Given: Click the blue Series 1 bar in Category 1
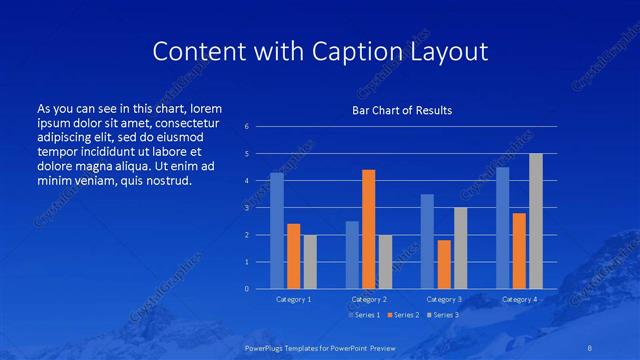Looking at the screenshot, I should point(277,231).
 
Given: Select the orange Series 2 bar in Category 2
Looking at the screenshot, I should point(368,229).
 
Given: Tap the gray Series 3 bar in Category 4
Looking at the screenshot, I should point(536,221).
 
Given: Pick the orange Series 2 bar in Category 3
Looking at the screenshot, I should point(444,264).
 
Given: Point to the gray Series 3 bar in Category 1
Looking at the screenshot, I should point(310,262).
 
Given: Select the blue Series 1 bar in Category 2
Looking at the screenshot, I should point(352,255).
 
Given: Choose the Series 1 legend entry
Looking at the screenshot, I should point(364,315).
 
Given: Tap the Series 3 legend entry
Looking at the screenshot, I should point(446,315).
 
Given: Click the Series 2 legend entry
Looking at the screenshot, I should point(405,315).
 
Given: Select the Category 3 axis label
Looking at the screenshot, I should point(444,299).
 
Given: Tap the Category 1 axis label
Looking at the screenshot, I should point(293,299).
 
